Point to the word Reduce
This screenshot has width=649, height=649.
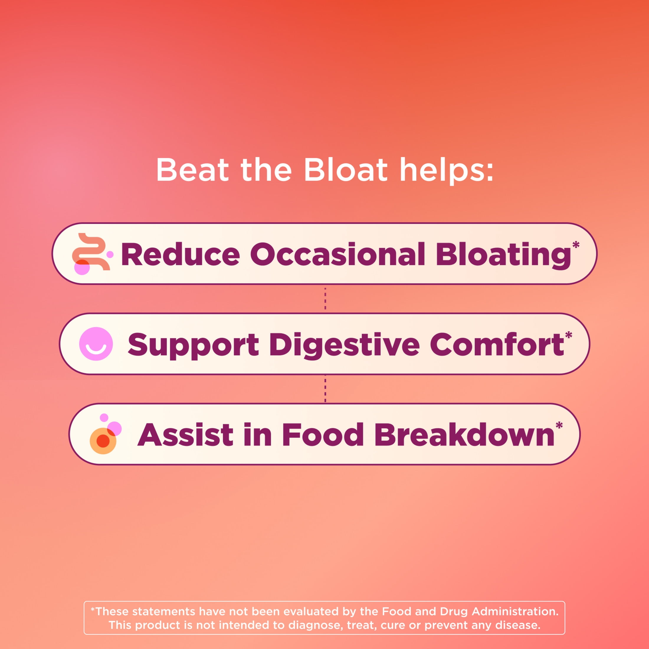coord(180,254)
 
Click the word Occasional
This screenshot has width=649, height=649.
coord(337,254)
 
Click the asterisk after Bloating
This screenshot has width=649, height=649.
coord(576,245)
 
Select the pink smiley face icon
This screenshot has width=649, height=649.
coord(96,344)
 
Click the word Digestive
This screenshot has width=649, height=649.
coord(344,346)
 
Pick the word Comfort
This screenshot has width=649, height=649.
coord(497,344)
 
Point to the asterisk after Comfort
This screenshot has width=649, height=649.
coord(568,335)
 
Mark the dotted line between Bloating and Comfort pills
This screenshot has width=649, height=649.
coord(325,298)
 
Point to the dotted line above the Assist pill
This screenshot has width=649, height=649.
coord(325,389)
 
